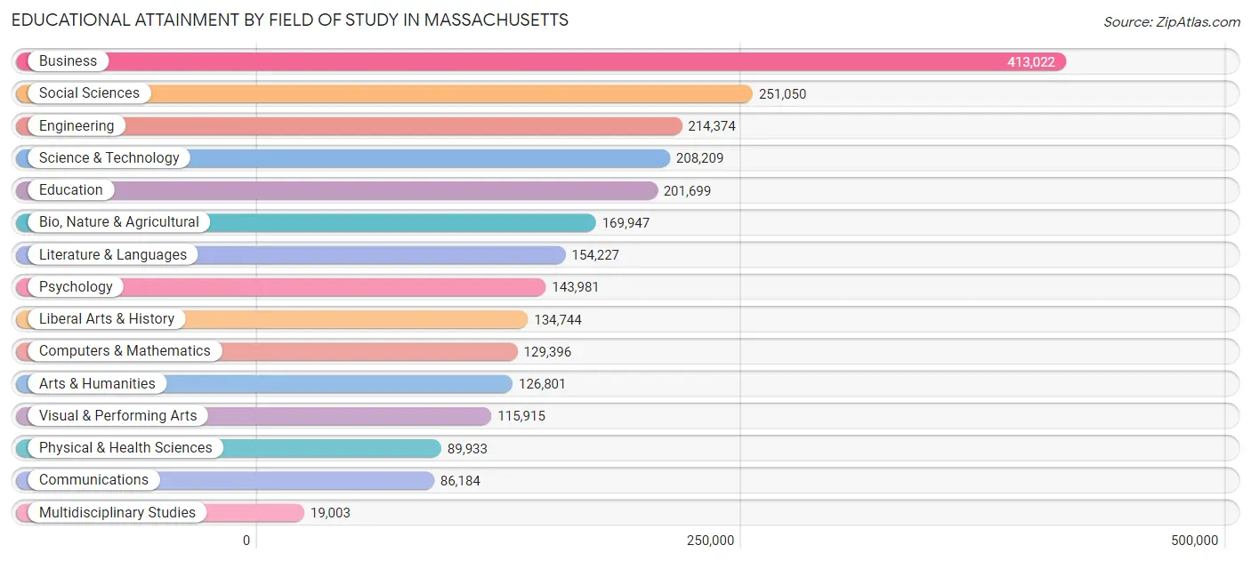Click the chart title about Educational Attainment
(x=290, y=20)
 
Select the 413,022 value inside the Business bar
(x=1030, y=61)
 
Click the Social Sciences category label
(x=89, y=93)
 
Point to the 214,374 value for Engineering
(x=712, y=126)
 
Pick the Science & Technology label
(x=109, y=158)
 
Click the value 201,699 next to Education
(x=687, y=190)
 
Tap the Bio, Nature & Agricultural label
(x=119, y=222)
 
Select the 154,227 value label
(x=595, y=255)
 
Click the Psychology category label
(x=76, y=287)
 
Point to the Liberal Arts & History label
(x=107, y=319)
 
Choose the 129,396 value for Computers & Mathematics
(x=547, y=352)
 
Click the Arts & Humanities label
(x=97, y=384)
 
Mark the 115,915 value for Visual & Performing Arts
(x=521, y=416)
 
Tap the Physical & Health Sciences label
(x=125, y=448)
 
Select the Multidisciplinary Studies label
(x=117, y=513)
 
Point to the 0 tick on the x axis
(x=247, y=541)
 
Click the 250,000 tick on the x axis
(x=710, y=541)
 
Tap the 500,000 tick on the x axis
(x=1194, y=541)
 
